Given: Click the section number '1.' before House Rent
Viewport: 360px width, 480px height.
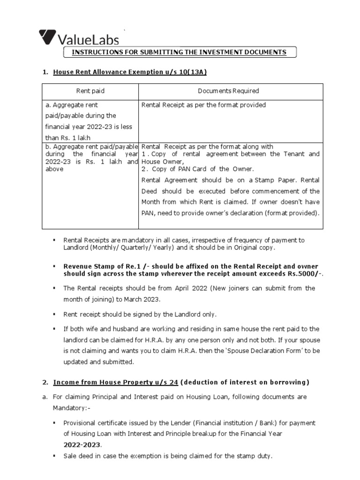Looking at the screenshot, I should click(45, 72).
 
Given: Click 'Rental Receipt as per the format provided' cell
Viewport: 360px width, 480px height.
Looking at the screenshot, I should click(203, 105).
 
